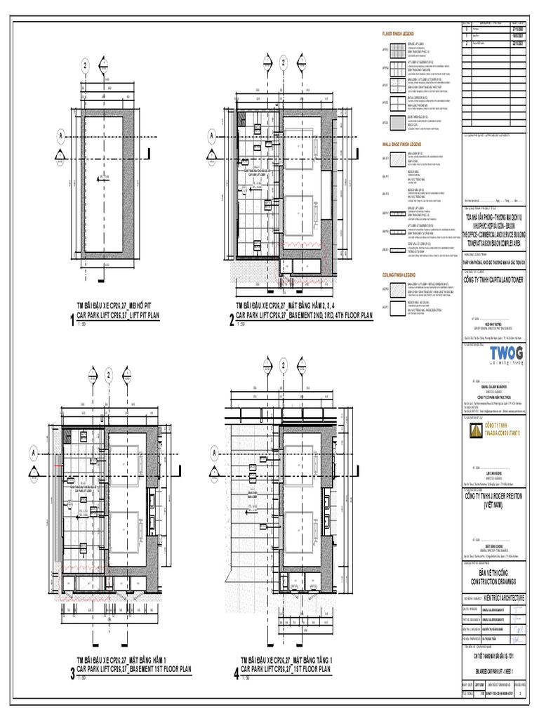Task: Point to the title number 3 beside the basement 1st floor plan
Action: (x=72, y=675)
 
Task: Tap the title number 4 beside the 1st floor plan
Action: (x=235, y=675)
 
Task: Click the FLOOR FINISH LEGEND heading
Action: (x=398, y=34)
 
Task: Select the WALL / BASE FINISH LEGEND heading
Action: (x=403, y=143)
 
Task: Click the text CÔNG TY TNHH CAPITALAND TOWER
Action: (x=493, y=279)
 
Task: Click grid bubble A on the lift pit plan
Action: (x=60, y=136)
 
